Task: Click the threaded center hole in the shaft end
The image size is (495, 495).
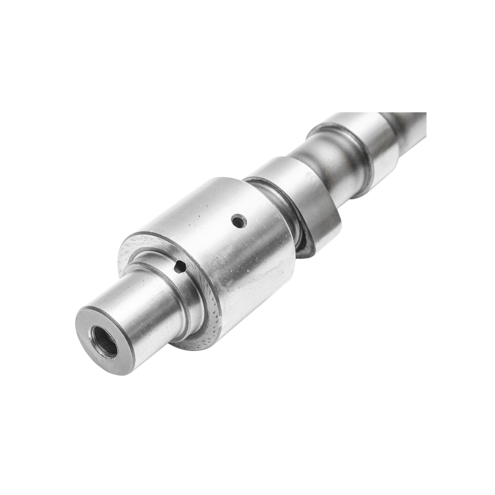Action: coord(104,340)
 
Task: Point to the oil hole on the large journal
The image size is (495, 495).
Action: coord(238,221)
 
